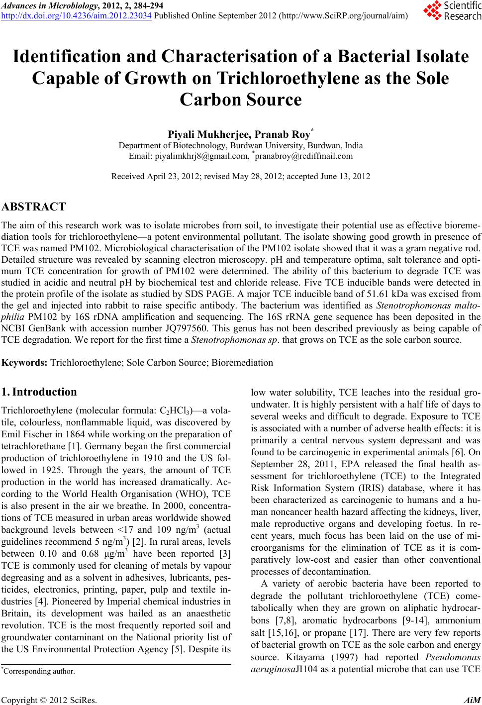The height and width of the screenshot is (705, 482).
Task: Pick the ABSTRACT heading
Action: coord(34,207)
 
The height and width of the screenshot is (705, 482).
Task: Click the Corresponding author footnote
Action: coord(39,671)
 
